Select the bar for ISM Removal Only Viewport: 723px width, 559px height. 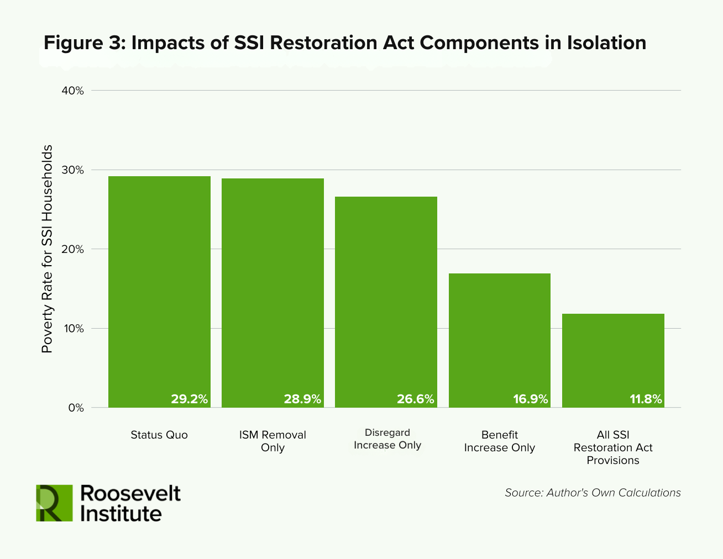pyautogui.click(x=273, y=293)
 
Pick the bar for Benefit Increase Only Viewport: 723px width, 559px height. pyautogui.click(x=499, y=340)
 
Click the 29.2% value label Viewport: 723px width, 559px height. pyautogui.click(x=189, y=399)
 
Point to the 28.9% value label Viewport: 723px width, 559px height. pyautogui.click(x=302, y=399)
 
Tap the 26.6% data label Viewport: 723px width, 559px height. pyautogui.click(x=416, y=399)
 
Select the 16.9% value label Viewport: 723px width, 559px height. pyautogui.click(x=530, y=399)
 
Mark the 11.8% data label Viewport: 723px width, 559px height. pyautogui.click(x=646, y=399)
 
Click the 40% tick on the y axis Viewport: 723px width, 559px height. pyautogui.click(x=72, y=91)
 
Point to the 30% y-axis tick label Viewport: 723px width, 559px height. pyautogui.click(x=72, y=170)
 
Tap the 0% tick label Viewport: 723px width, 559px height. pyautogui.click(x=75, y=408)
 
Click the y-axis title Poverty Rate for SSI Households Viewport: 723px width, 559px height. pyautogui.click(x=48, y=249)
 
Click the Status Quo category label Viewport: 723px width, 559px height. pyautogui.click(x=159, y=435)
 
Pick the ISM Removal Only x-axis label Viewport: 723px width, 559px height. pyautogui.click(x=273, y=441)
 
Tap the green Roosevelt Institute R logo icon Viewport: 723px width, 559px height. pyautogui.click(x=54, y=503)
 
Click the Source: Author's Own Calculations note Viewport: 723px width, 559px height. pyautogui.click(x=593, y=493)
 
